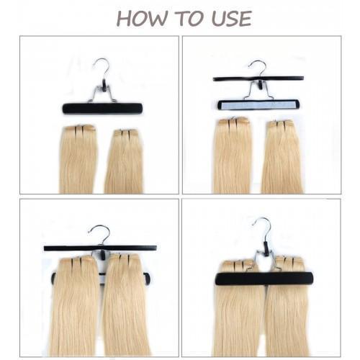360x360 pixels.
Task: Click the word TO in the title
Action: pyautogui.click(x=189, y=18)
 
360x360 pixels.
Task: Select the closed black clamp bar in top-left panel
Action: pyautogui.click(x=102, y=109)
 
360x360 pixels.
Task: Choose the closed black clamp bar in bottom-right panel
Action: pyautogui.click(x=264, y=278)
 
